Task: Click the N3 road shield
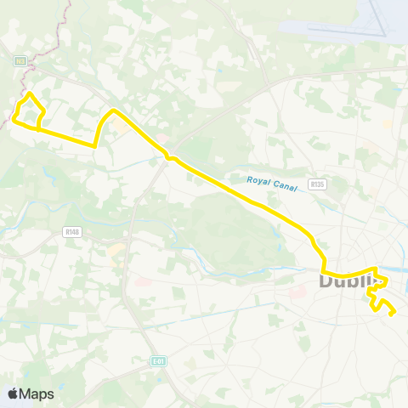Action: pos(20,60)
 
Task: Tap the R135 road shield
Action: pos(318,183)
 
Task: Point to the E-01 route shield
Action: pos(157,360)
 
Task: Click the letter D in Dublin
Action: pos(326,280)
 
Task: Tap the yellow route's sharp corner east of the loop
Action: pos(94,145)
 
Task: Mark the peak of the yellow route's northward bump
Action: pos(113,111)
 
